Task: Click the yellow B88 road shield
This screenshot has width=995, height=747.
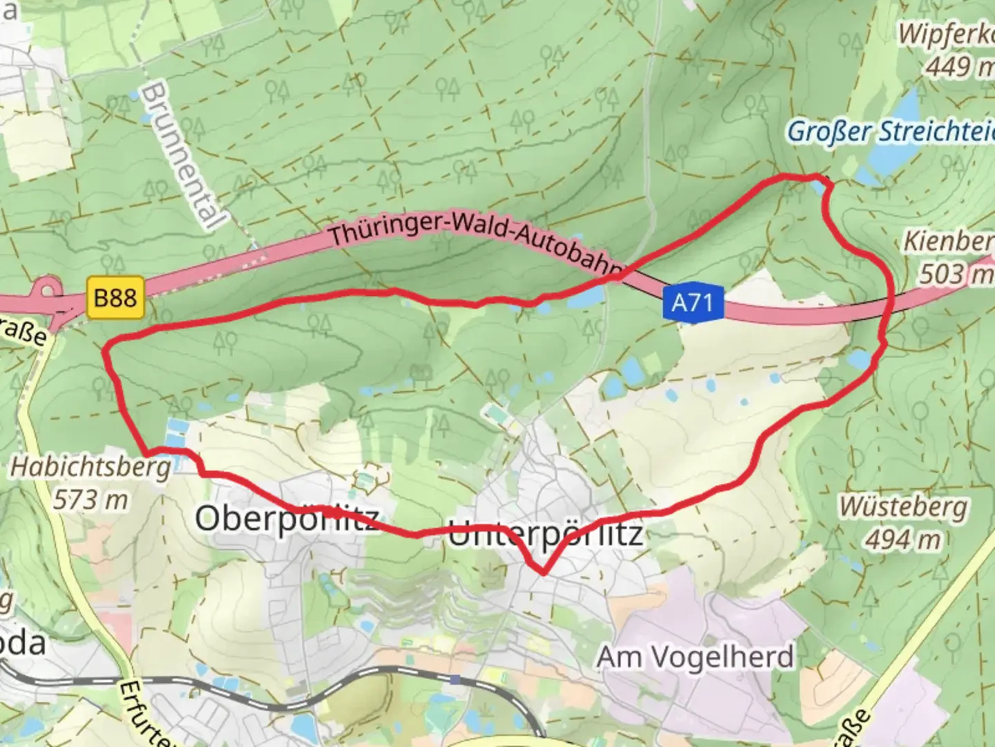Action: [x=115, y=298]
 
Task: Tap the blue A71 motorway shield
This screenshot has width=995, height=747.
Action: [x=692, y=302]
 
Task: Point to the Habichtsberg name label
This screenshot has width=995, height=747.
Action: [x=90, y=468]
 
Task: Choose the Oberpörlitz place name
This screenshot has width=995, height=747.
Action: [x=287, y=518]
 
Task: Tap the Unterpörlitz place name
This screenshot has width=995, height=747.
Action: [x=546, y=534]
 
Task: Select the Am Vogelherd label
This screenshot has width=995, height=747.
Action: [x=695, y=656]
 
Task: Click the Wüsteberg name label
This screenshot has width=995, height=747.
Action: [x=902, y=507]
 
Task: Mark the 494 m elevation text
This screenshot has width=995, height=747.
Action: [x=902, y=538]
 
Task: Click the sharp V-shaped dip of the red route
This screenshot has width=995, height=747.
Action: [x=544, y=572]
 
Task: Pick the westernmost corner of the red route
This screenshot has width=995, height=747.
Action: [x=106, y=351]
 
